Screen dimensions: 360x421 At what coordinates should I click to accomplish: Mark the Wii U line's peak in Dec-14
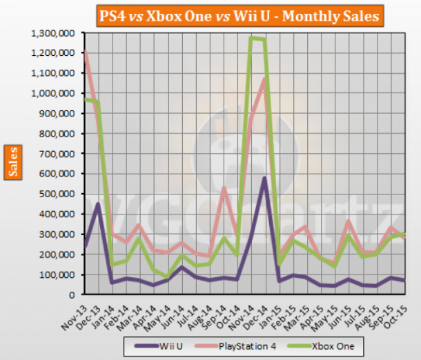[x=263, y=178]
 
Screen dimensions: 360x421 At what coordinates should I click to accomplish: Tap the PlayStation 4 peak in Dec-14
[x=263, y=81]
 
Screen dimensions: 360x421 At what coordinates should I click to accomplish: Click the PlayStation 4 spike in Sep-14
[x=223, y=188]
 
